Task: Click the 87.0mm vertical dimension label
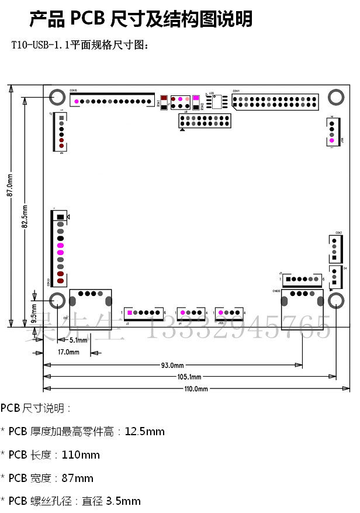pos(9,184)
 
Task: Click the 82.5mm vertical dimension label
pos(24,216)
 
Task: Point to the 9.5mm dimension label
pos(34,314)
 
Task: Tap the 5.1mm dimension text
pos(78,340)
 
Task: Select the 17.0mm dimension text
pos(68,352)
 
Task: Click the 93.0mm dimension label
pos(172,366)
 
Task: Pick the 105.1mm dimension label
pos(189,377)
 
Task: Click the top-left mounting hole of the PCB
pos(57,97)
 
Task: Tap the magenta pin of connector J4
pos(184,313)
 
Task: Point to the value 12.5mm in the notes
pos(145,432)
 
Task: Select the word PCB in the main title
pos(88,19)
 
